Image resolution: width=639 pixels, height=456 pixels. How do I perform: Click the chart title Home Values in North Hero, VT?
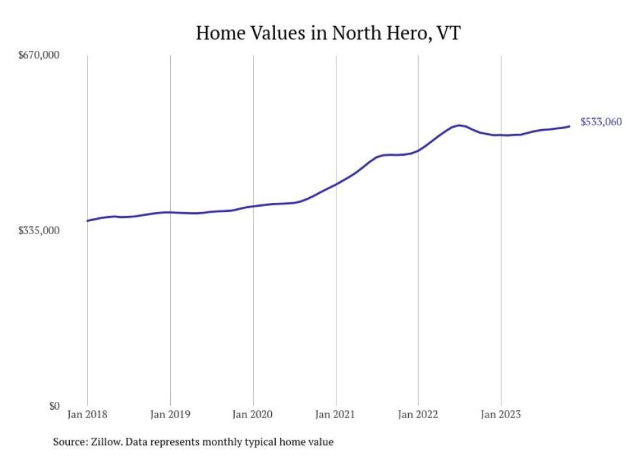click(328, 33)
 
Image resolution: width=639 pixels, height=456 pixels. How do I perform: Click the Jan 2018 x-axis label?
click(87, 414)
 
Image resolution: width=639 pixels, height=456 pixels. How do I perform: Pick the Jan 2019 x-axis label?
click(170, 414)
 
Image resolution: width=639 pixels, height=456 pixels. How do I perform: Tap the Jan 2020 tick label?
click(253, 414)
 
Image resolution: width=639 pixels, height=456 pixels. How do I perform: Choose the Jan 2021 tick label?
click(336, 414)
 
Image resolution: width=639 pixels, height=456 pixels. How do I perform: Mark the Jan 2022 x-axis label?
click(418, 414)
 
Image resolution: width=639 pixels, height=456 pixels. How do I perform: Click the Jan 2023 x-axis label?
click(501, 414)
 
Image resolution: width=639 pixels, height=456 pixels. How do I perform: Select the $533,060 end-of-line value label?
click(601, 122)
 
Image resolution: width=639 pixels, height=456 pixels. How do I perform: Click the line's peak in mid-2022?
click(460, 125)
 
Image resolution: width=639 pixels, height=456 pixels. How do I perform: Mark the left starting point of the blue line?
click(87, 220)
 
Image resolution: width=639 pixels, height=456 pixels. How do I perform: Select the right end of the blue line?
click(570, 126)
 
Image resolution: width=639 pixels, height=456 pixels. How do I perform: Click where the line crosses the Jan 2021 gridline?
click(336, 185)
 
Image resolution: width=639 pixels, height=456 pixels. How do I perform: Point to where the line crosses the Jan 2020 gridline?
click(253, 206)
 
